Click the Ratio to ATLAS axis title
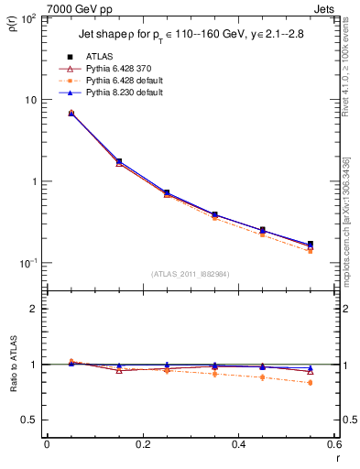tap(12, 365)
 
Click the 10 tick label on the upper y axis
tap(32, 100)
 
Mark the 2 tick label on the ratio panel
tap(34, 309)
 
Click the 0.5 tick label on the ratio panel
tap(30, 420)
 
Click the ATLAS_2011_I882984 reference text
tap(191, 274)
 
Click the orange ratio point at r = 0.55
tap(310, 383)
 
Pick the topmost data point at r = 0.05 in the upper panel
tap(71, 113)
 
